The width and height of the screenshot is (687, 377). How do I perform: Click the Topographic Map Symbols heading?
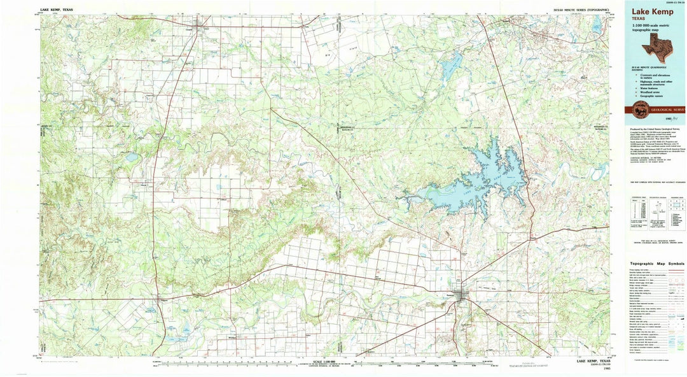657,264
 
